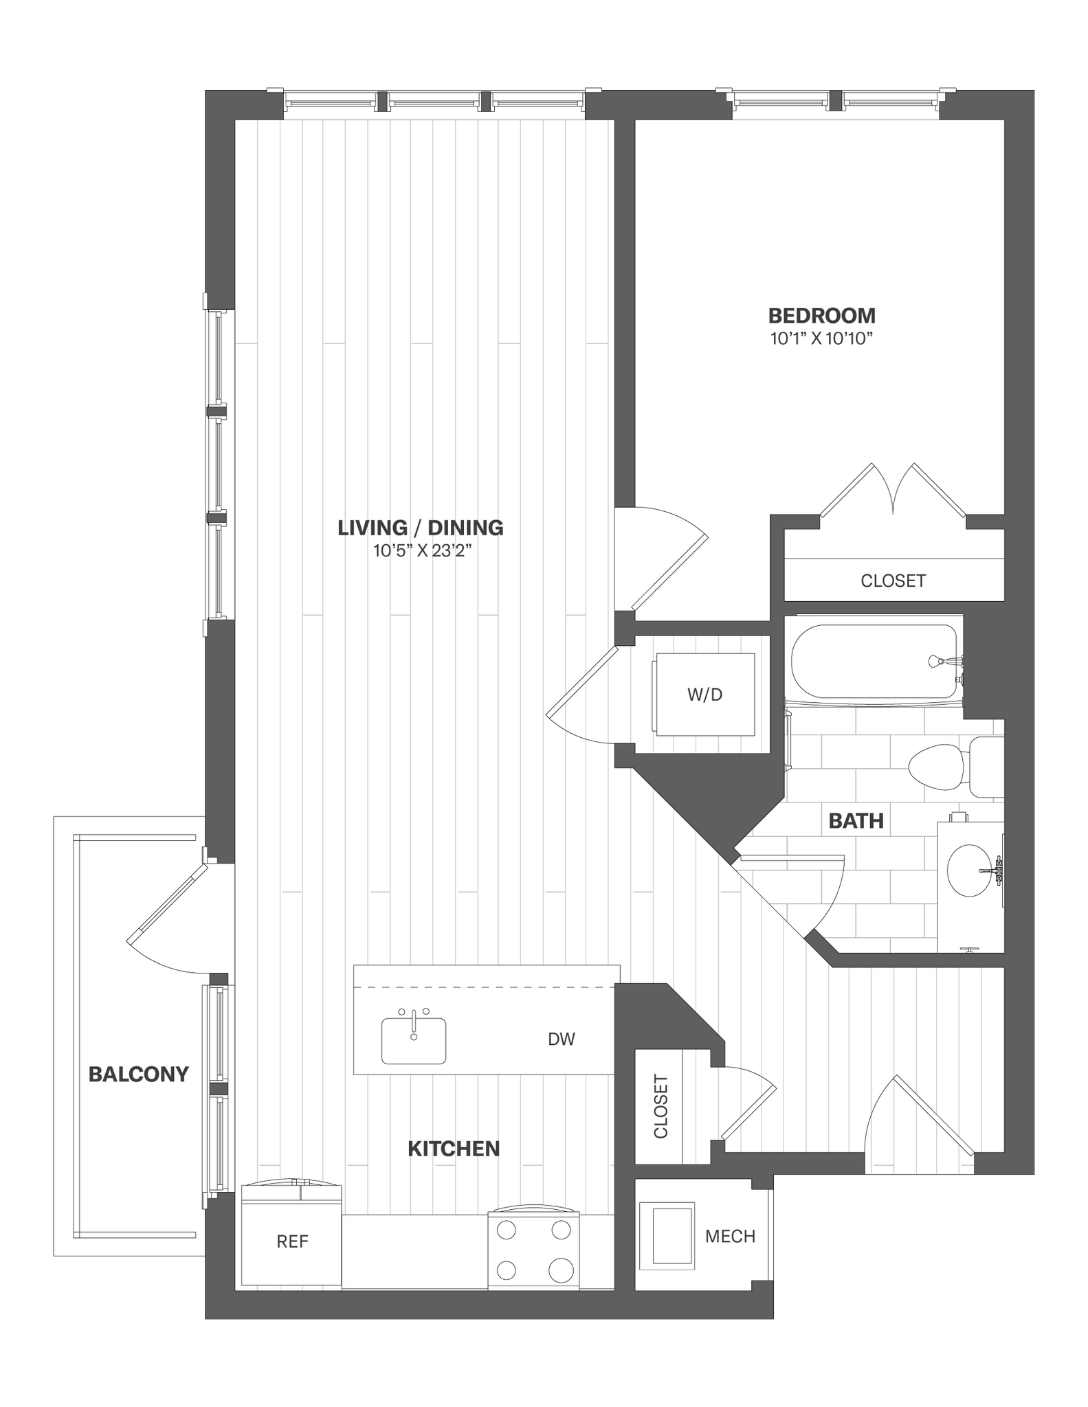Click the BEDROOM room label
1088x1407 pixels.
tap(821, 316)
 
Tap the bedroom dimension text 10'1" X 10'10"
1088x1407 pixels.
tap(821, 339)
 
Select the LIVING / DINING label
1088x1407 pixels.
tap(421, 528)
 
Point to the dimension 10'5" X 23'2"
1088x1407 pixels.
tap(421, 550)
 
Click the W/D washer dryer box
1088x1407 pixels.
tap(705, 695)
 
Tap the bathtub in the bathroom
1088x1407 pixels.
tap(873, 661)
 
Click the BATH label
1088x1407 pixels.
tap(856, 821)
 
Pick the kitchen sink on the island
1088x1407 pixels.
tap(414, 1040)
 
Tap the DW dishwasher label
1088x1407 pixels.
tap(561, 1039)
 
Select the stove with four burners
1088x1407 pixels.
tap(534, 1252)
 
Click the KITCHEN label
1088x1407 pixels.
tap(454, 1149)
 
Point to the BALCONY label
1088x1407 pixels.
tap(138, 1074)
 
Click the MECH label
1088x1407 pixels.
tap(730, 1237)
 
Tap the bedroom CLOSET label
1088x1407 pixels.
tap(893, 581)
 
